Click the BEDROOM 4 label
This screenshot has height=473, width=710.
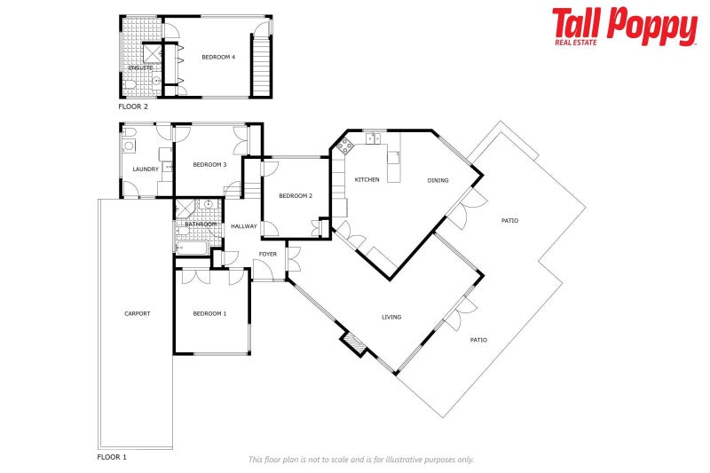[x=218, y=58]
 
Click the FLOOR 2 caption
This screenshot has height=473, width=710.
[x=133, y=106]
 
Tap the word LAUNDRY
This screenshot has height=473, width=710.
[x=145, y=169]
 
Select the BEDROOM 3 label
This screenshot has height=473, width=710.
[x=209, y=164]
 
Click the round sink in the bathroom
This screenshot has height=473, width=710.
[x=209, y=205]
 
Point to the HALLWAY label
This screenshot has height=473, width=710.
[x=243, y=226]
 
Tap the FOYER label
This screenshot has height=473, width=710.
[x=267, y=255]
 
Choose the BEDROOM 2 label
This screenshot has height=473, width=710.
[x=296, y=196]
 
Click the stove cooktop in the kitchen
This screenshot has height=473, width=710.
[x=344, y=146]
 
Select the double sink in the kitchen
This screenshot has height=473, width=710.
[x=373, y=138]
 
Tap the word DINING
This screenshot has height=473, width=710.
[x=438, y=180]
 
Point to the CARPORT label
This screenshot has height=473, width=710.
[x=137, y=313]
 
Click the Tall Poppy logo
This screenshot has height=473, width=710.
[x=624, y=27]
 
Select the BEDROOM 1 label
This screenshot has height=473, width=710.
[x=209, y=313]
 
